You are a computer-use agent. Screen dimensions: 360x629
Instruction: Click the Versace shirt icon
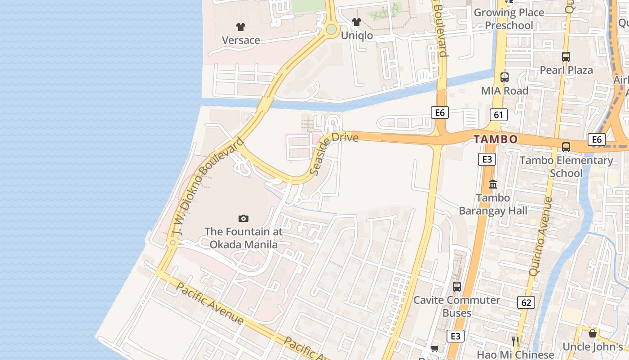click(x=241, y=27)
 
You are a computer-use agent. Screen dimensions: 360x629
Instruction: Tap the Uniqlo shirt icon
click(x=357, y=22)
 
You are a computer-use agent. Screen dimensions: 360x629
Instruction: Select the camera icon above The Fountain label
click(x=243, y=218)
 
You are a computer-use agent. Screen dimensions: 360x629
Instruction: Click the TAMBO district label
click(x=496, y=139)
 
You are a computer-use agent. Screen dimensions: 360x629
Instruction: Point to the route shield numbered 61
click(x=498, y=115)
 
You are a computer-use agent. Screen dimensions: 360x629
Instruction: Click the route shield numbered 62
click(x=526, y=302)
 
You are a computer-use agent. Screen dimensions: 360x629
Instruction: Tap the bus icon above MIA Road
click(x=505, y=77)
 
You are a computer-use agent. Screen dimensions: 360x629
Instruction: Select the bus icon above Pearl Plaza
click(x=566, y=57)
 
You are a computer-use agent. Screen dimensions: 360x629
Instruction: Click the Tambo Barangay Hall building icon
click(x=493, y=184)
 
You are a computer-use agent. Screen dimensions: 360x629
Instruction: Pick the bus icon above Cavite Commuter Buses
click(x=457, y=286)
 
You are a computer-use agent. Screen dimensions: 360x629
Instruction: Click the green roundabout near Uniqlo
click(x=331, y=30)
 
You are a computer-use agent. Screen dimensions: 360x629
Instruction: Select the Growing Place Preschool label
click(x=509, y=19)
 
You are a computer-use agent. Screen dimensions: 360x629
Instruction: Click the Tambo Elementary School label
click(x=566, y=166)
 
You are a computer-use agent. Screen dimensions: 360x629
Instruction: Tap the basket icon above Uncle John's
click(x=593, y=333)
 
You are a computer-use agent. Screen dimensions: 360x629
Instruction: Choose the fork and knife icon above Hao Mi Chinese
click(x=515, y=341)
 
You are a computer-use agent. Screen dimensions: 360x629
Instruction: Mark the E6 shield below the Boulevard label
click(x=439, y=112)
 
